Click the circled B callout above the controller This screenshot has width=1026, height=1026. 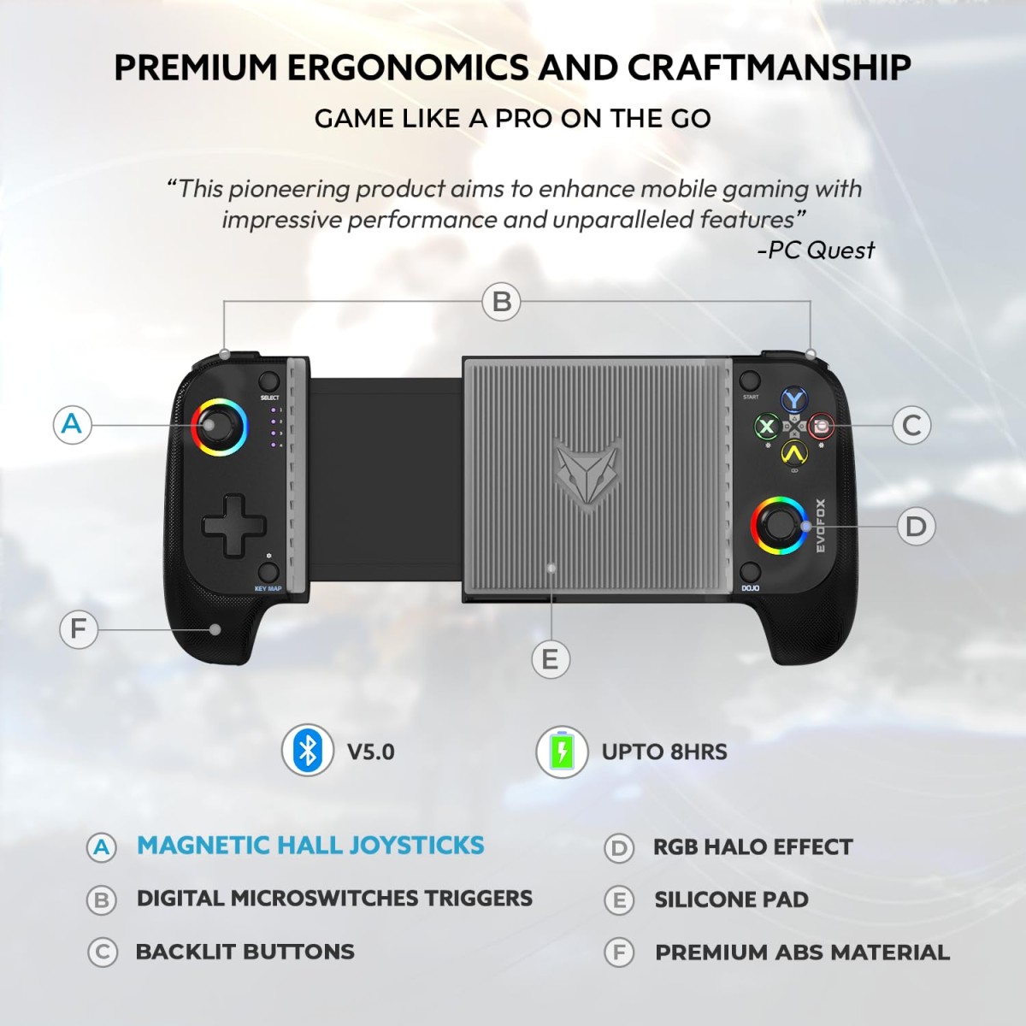click(502, 302)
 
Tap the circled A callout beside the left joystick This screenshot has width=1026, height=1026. click(72, 424)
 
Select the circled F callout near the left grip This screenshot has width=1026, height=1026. click(79, 629)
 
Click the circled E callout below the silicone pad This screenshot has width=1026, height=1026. click(550, 659)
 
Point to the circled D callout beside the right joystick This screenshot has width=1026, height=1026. click(916, 526)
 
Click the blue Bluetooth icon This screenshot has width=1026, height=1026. click(308, 751)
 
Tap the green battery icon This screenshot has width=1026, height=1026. click(562, 752)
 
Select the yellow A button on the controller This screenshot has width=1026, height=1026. click(794, 452)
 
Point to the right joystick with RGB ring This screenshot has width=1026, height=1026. click(779, 525)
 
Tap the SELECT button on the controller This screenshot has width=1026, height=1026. click(268, 382)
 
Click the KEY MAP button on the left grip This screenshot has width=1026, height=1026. click(268, 572)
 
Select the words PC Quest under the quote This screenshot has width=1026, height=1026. click(819, 251)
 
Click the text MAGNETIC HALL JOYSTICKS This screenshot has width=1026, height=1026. click(310, 846)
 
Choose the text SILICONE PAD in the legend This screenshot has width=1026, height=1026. click(731, 899)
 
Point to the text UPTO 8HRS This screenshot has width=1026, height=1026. click(664, 752)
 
